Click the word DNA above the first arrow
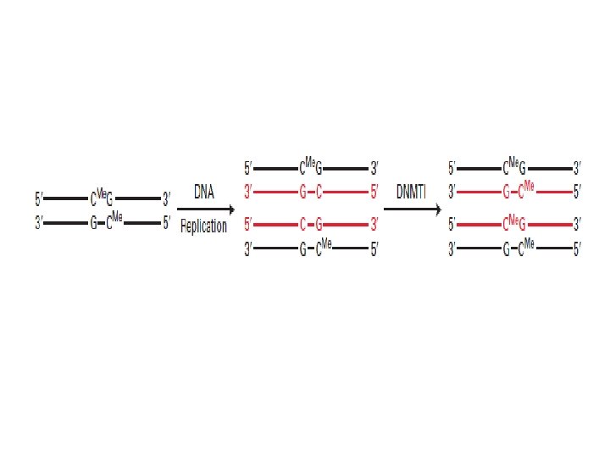pos(203,192)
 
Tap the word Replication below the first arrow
pos(203,227)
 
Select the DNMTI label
pos(415,192)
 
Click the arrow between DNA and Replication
pos(205,209)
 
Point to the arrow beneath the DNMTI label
pos(413,209)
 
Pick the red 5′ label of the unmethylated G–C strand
pos(374,193)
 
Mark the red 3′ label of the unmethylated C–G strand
pos(374,225)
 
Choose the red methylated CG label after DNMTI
pos(515,224)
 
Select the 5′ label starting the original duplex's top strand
pos(39,200)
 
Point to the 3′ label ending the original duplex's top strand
pos(167,200)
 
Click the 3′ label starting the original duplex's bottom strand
pos(39,225)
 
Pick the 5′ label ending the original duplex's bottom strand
pos(167,225)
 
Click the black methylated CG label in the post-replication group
pos(310,166)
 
